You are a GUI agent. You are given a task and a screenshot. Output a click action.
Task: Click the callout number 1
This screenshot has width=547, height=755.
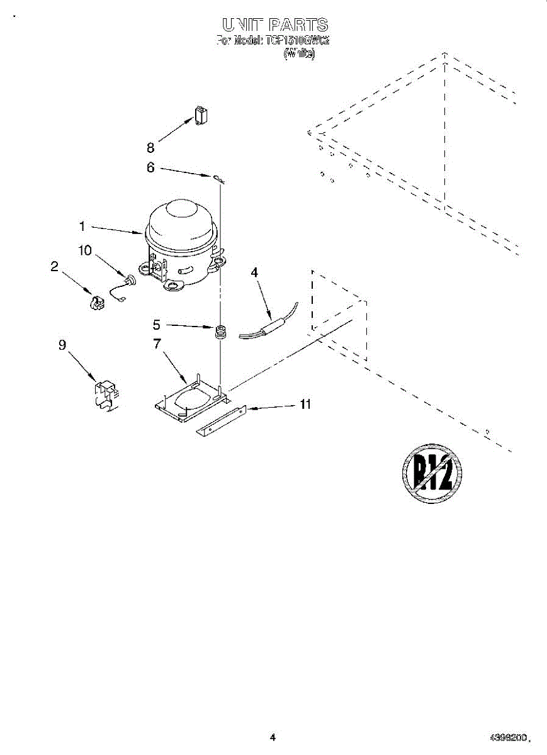click(x=82, y=225)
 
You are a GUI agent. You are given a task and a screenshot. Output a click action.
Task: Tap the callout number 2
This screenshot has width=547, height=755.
click(x=55, y=266)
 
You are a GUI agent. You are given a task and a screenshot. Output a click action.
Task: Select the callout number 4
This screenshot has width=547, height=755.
click(x=254, y=272)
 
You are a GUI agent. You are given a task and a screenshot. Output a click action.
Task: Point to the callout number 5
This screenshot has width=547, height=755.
click(x=157, y=325)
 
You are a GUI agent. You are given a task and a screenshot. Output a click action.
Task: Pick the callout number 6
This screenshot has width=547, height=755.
click(x=150, y=167)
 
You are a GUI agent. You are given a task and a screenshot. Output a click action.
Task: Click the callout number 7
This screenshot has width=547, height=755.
click(x=157, y=344)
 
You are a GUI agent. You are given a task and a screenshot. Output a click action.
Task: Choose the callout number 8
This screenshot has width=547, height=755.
click(x=150, y=148)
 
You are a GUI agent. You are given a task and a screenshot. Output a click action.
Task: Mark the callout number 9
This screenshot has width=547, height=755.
click(x=62, y=345)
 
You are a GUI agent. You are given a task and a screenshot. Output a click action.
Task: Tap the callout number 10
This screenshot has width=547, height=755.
click(x=84, y=250)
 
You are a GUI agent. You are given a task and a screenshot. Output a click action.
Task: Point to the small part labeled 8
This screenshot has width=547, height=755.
click(x=201, y=116)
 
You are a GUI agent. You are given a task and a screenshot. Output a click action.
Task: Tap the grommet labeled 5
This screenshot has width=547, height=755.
click(x=220, y=332)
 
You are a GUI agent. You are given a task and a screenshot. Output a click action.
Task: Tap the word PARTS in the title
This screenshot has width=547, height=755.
click(x=297, y=25)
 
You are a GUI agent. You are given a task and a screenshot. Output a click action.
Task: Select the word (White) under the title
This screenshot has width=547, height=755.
click(x=299, y=54)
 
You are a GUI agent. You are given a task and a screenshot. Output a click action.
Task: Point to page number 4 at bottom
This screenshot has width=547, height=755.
click(x=272, y=737)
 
